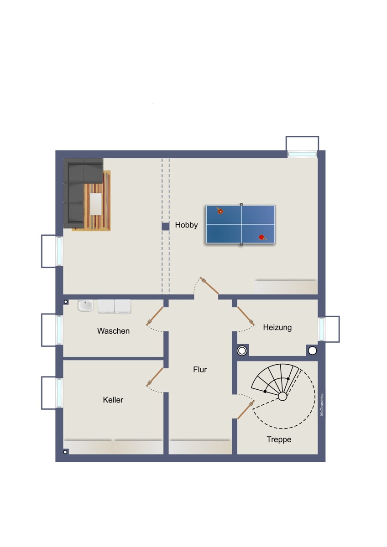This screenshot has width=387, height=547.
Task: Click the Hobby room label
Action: (x=186, y=225)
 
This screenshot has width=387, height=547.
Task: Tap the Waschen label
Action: (x=113, y=331)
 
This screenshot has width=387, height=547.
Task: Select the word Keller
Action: (x=113, y=400)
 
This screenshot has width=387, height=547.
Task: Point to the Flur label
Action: (x=200, y=370)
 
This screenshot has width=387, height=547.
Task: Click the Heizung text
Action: (x=277, y=327)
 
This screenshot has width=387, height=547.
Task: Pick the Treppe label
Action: (x=279, y=439)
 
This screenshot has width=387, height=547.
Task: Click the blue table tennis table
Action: (x=241, y=224)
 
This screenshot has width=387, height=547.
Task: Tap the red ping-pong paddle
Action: (x=261, y=237)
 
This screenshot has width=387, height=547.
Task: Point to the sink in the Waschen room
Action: (x=85, y=305)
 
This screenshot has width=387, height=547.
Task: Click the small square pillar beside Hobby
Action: (x=165, y=226)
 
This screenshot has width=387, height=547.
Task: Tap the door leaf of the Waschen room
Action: (x=155, y=316)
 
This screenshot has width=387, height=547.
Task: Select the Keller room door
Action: (x=155, y=377)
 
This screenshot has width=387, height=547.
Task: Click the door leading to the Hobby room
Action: (x=209, y=286)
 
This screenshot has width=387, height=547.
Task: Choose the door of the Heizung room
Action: (x=246, y=315)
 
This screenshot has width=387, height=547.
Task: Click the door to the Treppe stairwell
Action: (x=246, y=410)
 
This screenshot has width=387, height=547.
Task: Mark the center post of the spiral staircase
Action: (x=282, y=397)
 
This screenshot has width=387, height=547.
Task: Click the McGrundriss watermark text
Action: (x=322, y=405)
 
